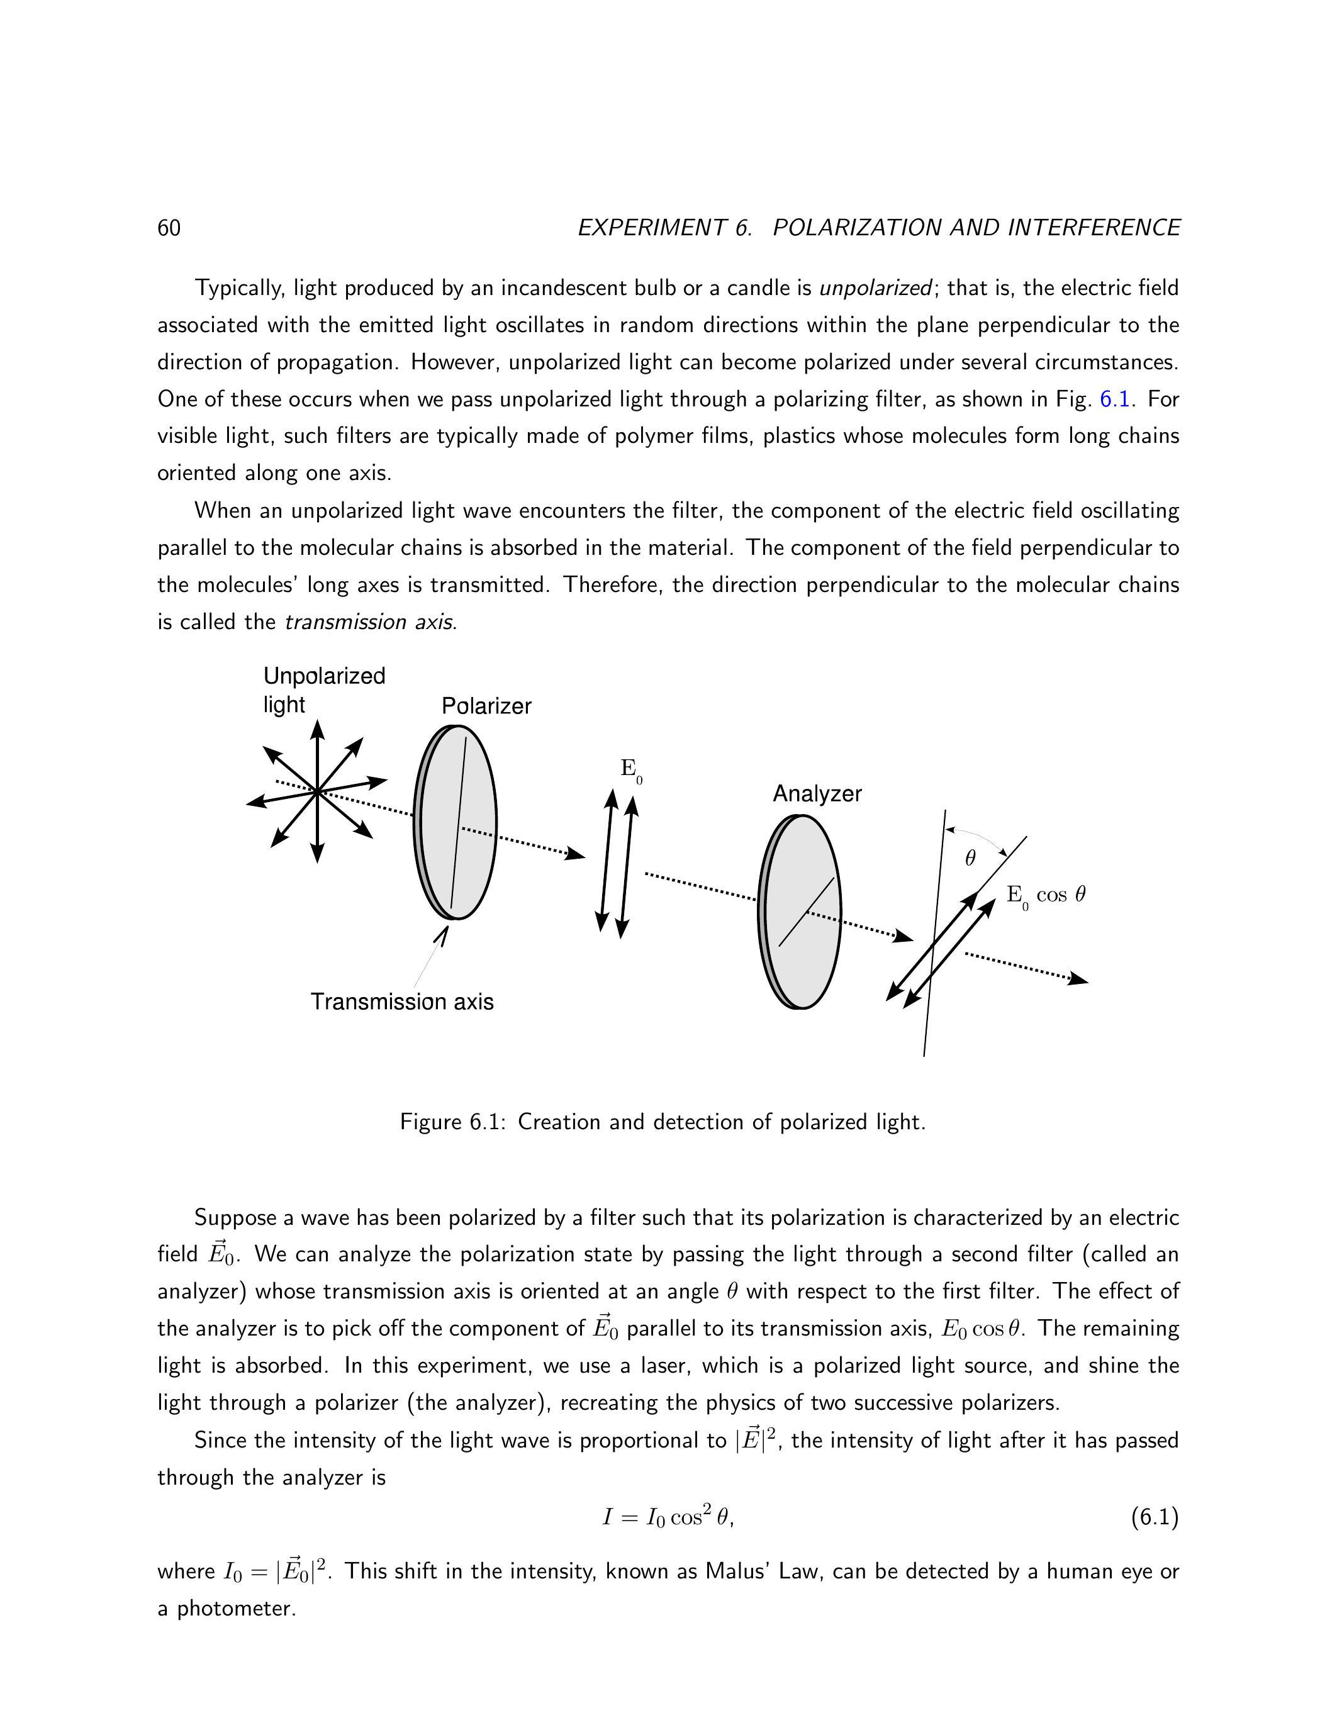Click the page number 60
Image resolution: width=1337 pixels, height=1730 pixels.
pos(169,228)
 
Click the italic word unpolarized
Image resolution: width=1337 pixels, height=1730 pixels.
pos(875,287)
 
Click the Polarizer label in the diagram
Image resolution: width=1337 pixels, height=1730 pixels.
pos(486,706)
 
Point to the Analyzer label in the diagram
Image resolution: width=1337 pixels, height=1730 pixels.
pos(817,794)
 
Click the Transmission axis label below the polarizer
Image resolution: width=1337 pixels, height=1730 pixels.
pos(401,1002)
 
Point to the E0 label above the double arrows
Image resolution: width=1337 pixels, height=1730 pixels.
pos(630,769)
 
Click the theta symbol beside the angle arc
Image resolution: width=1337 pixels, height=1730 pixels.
pos(970,858)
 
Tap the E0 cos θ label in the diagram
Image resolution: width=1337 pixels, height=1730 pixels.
pos(1046,896)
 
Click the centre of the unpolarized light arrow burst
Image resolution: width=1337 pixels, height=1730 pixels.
pos(317,791)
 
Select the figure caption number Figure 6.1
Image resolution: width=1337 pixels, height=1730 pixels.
pos(452,1122)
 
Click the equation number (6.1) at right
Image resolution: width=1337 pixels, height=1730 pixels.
pos(1154,1518)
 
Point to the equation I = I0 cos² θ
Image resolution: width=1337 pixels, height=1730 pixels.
pos(668,1518)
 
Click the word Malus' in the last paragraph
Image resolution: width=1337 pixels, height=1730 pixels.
pos(741,1571)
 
